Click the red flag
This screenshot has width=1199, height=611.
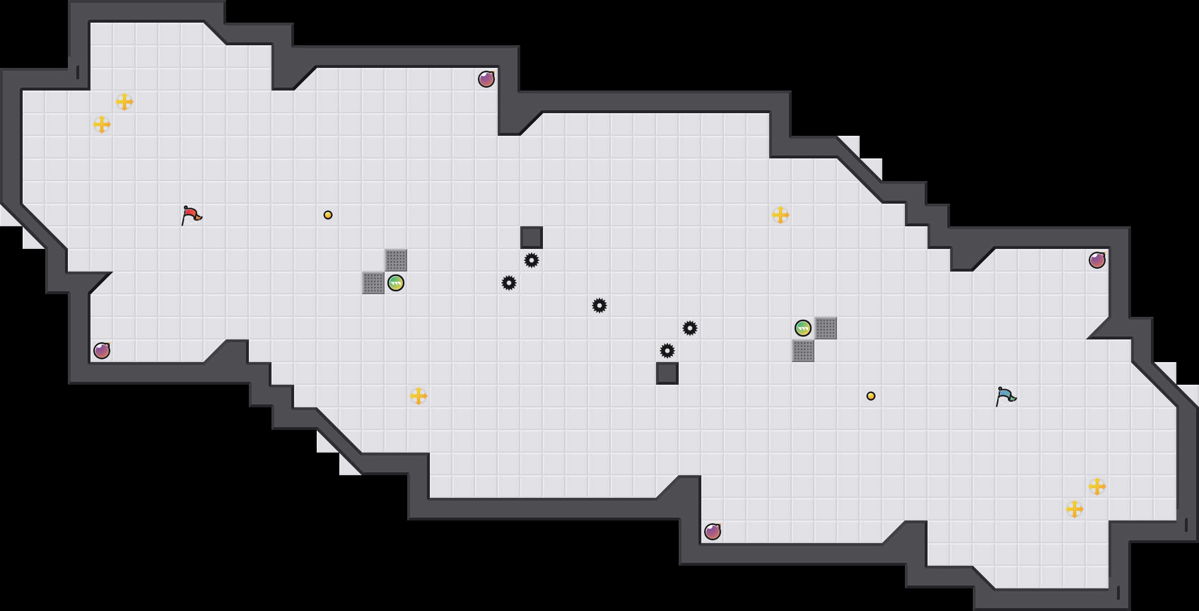191,215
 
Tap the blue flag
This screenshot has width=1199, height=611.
1006,396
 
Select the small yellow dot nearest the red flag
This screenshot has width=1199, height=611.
328,215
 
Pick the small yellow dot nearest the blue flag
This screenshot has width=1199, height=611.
871,396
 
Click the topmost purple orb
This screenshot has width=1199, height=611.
486,79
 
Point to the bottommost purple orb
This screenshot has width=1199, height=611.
713,532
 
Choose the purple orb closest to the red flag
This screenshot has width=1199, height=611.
102,351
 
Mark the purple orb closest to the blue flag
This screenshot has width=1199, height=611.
1097,260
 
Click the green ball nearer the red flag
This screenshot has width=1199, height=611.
396,283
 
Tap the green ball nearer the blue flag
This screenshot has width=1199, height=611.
803,328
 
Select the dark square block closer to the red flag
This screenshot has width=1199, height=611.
532,238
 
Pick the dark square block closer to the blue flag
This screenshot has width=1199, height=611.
667,373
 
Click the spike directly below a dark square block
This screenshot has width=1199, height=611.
532,260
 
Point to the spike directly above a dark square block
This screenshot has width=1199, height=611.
667,351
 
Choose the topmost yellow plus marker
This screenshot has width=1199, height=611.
124,102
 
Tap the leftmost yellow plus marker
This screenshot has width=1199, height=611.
102,124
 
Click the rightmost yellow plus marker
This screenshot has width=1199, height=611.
1097,487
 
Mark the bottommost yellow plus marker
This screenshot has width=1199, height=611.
1075,509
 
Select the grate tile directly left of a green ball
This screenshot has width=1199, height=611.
373,283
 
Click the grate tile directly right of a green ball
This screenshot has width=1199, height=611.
826,328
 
